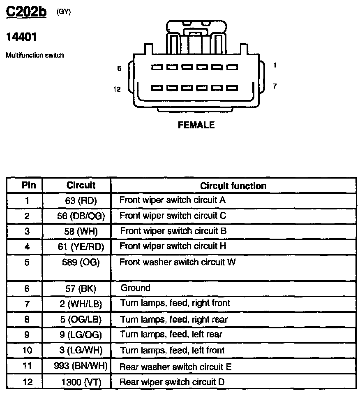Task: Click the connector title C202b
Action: pos(26,12)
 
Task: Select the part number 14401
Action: pos(21,37)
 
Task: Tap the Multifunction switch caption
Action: pos(35,55)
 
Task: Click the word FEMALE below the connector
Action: pos(196,125)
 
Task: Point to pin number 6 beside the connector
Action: pos(119,69)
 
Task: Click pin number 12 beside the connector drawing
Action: pos(118,89)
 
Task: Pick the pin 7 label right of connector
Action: pos(275,86)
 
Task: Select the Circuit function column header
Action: pos(233,186)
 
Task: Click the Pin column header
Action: pos(29,185)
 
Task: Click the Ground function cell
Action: pos(135,288)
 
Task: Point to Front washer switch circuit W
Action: pos(178,262)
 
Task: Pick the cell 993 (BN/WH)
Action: pos(81,366)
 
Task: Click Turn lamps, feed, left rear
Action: pos(171,335)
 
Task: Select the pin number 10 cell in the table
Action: pos(27,351)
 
